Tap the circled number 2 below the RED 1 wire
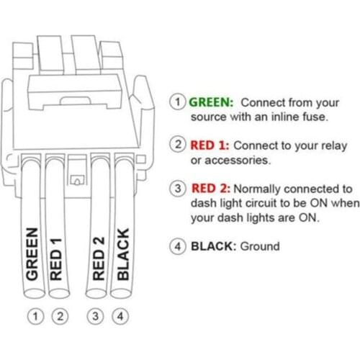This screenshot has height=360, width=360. (60, 315)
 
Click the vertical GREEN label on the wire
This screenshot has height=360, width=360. (32, 254)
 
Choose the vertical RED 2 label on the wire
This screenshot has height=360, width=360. (99, 256)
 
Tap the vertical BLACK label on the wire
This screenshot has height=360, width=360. (123, 254)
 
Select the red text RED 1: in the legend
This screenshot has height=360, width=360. (210, 145)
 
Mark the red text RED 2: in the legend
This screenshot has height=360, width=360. (210, 188)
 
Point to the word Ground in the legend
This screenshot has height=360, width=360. (259, 246)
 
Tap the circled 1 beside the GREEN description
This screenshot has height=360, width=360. (177, 102)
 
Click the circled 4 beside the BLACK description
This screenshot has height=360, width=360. (177, 246)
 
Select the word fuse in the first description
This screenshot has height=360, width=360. (314, 116)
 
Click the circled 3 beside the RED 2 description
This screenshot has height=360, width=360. (177, 188)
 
